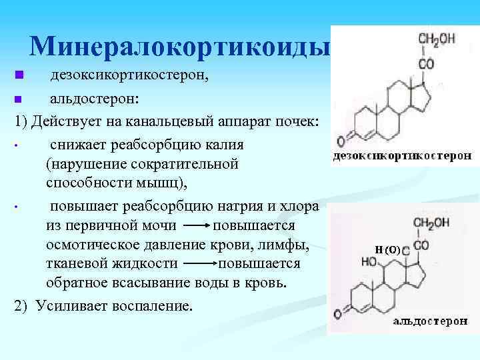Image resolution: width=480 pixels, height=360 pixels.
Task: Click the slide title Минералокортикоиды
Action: (180, 46)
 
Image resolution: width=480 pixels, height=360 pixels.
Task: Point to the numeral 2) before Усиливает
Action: (23, 306)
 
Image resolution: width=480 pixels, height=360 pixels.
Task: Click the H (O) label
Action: (387, 251)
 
